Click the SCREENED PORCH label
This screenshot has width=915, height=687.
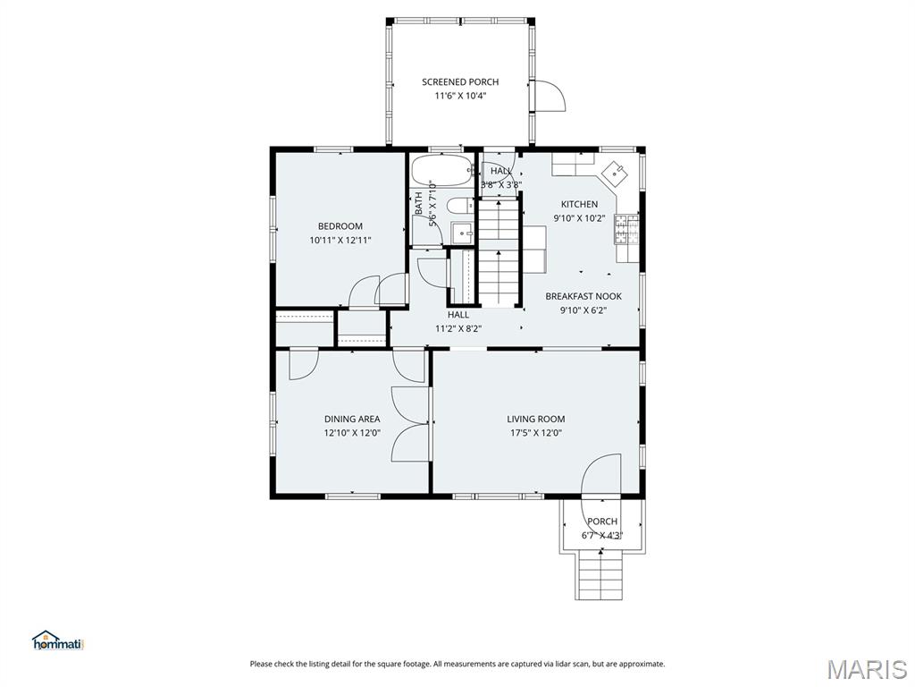pyautogui.click(x=460, y=81)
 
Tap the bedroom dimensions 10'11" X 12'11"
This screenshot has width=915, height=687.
pyautogui.click(x=340, y=240)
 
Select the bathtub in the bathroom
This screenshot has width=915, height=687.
pyautogui.click(x=441, y=171)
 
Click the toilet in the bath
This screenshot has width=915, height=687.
pyautogui.click(x=461, y=206)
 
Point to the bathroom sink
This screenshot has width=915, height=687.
pyautogui.click(x=464, y=233)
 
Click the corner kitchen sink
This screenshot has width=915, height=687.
pyautogui.click(x=615, y=174)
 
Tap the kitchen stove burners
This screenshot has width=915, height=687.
pyautogui.click(x=626, y=229)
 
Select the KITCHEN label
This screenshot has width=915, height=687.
pyautogui.click(x=579, y=204)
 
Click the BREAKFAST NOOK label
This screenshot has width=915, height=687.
pyautogui.click(x=583, y=296)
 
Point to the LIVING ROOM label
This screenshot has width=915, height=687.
pyautogui.click(x=536, y=419)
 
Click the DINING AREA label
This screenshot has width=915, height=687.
pyautogui.click(x=352, y=419)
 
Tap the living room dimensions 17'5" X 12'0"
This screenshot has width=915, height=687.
pyautogui.click(x=536, y=433)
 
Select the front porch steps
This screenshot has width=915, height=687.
pyautogui.click(x=600, y=575)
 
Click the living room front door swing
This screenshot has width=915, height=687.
pyautogui.click(x=601, y=476)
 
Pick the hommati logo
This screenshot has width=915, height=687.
pyautogui.click(x=58, y=640)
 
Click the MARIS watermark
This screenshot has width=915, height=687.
pyautogui.click(x=867, y=668)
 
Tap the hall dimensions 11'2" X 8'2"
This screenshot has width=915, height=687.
pyautogui.click(x=458, y=329)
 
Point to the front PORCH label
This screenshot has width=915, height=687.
pyautogui.click(x=602, y=522)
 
